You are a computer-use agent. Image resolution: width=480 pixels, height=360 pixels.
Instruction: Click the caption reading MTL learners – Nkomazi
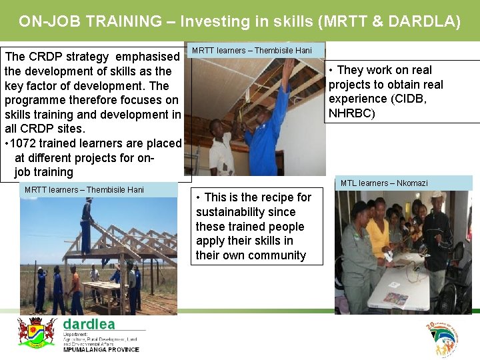click(384, 183)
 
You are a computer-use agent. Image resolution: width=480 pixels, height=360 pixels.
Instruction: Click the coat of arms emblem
click(36, 331)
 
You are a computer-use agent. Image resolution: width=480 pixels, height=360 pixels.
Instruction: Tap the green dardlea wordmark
click(89, 324)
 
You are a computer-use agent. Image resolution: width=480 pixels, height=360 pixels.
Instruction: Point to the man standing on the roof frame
click(87, 223)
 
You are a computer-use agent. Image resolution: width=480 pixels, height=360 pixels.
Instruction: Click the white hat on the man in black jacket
click(437, 195)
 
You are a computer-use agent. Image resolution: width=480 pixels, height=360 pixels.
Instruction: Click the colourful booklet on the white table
click(395, 298)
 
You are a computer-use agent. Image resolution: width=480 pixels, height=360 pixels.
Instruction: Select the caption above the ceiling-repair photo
click(252, 51)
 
